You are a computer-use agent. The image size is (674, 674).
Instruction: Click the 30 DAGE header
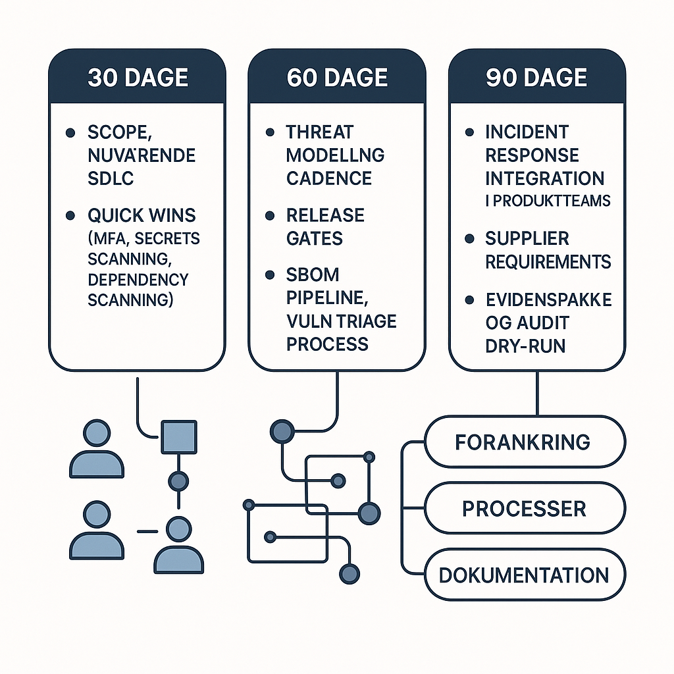pyautogui.click(x=138, y=78)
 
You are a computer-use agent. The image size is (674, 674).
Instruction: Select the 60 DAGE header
pyautogui.click(x=337, y=78)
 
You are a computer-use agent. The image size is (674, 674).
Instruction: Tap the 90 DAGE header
pyautogui.click(x=536, y=78)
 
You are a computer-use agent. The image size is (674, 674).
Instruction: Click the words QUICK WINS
pyautogui.click(x=142, y=215)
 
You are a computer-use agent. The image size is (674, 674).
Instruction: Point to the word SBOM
pyautogui.click(x=313, y=274)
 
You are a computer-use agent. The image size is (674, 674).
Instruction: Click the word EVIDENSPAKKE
pyautogui.click(x=548, y=300)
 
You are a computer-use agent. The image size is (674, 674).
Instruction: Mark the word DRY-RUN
pyautogui.click(x=525, y=346)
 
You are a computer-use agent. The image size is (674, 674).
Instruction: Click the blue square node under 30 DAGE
pyautogui.click(x=178, y=437)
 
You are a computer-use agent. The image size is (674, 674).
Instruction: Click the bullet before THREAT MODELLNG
pyautogui.click(x=270, y=132)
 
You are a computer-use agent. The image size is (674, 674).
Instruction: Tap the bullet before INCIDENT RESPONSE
pyautogui.click(x=469, y=132)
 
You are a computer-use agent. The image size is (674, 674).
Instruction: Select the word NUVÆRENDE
pyautogui.click(x=142, y=155)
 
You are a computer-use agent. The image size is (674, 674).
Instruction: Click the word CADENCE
pyautogui.click(x=329, y=178)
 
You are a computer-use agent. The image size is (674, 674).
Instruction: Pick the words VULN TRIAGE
pyautogui.click(x=341, y=321)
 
